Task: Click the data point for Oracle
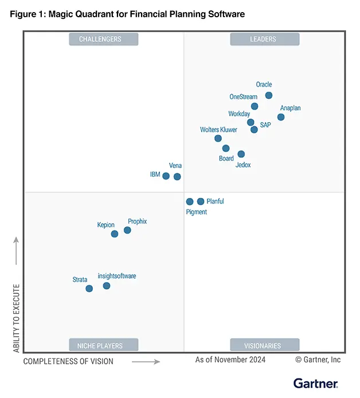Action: click(x=269, y=95)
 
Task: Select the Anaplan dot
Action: click(x=281, y=117)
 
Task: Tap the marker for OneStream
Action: click(x=255, y=106)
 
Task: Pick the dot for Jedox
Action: click(x=241, y=154)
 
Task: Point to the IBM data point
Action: click(x=166, y=176)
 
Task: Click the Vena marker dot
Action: click(x=177, y=177)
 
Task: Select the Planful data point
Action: click(x=201, y=201)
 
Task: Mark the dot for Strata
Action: click(x=89, y=288)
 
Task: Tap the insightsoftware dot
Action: click(x=107, y=286)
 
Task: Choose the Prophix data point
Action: click(x=127, y=230)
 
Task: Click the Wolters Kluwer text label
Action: click(x=218, y=130)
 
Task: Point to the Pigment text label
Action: click(x=197, y=212)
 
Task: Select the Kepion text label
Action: click(x=106, y=225)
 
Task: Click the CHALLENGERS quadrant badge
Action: click(x=104, y=39)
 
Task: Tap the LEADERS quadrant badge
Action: click(x=264, y=39)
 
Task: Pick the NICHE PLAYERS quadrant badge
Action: click(x=104, y=345)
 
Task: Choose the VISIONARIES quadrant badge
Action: click(x=264, y=345)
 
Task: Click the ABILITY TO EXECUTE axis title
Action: click(x=16, y=318)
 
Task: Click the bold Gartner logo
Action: click(x=316, y=383)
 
